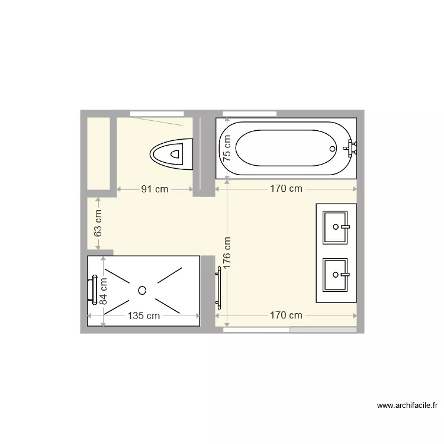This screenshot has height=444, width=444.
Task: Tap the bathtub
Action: pyautogui.click(x=286, y=148)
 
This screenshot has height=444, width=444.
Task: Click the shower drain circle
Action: pyautogui.click(x=142, y=290)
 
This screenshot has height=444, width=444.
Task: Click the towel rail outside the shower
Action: pyautogui.click(x=219, y=288)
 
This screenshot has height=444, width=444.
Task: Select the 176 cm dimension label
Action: pyautogui.click(x=227, y=253)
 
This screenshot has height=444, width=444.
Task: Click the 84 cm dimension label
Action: pyautogui.click(x=103, y=291)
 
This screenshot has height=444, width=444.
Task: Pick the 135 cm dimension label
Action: pyautogui.click(x=144, y=316)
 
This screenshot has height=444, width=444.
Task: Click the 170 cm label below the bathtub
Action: pyautogui.click(x=286, y=189)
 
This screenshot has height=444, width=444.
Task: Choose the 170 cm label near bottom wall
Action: pyautogui.click(x=286, y=315)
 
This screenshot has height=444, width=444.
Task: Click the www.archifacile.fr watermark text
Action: pyautogui.click(x=409, y=406)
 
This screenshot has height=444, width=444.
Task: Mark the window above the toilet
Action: pyautogui.click(x=157, y=113)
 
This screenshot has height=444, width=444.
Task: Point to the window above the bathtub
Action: pyautogui.click(x=249, y=113)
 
